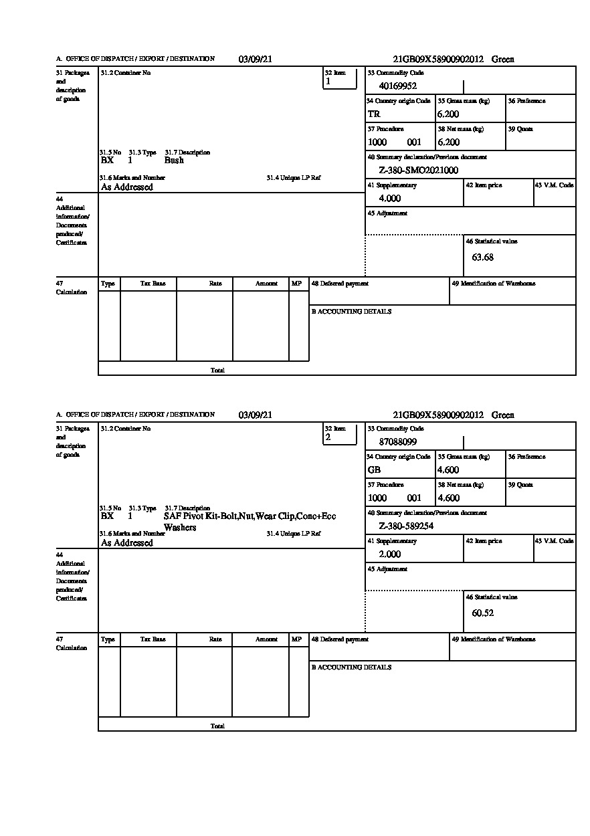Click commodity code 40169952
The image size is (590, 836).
(397, 86)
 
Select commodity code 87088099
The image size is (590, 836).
(397, 441)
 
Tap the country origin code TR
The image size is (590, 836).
(374, 114)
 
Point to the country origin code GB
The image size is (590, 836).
(374, 469)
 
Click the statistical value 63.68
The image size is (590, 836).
(482, 257)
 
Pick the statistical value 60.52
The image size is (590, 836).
(482, 613)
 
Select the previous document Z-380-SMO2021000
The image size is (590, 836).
(418, 171)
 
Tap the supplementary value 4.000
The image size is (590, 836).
(389, 199)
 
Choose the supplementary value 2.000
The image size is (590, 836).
(389, 554)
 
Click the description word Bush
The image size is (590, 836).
(174, 161)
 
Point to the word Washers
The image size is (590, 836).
(180, 528)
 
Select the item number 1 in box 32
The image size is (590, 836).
(328, 82)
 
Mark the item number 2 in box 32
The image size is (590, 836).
(328, 437)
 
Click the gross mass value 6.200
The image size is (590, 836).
(448, 114)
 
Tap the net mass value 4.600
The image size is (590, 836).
(448, 498)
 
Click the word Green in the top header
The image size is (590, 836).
(503, 60)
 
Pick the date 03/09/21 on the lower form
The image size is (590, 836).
(256, 415)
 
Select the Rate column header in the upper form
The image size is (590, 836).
(215, 284)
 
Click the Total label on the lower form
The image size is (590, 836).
(217, 726)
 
